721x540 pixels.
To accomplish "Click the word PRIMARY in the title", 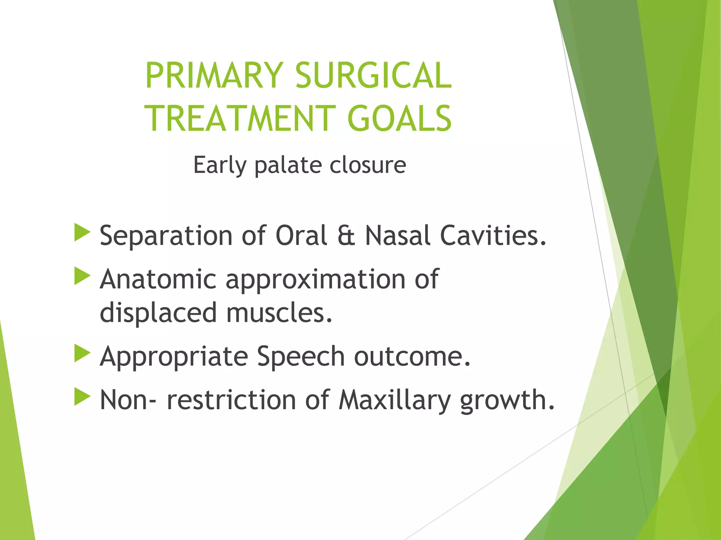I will (x=214, y=76).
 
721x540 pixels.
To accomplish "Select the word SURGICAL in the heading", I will (x=373, y=76).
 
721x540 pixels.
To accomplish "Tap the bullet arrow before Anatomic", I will (x=82, y=276).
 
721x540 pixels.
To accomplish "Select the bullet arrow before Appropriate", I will (x=82, y=354).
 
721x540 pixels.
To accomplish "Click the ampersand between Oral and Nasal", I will (x=346, y=236).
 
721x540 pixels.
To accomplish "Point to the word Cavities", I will (x=493, y=236).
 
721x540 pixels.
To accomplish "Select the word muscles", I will (x=279, y=313).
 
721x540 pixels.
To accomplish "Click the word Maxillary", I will (x=395, y=400).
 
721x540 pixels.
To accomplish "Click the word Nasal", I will (x=398, y=236).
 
